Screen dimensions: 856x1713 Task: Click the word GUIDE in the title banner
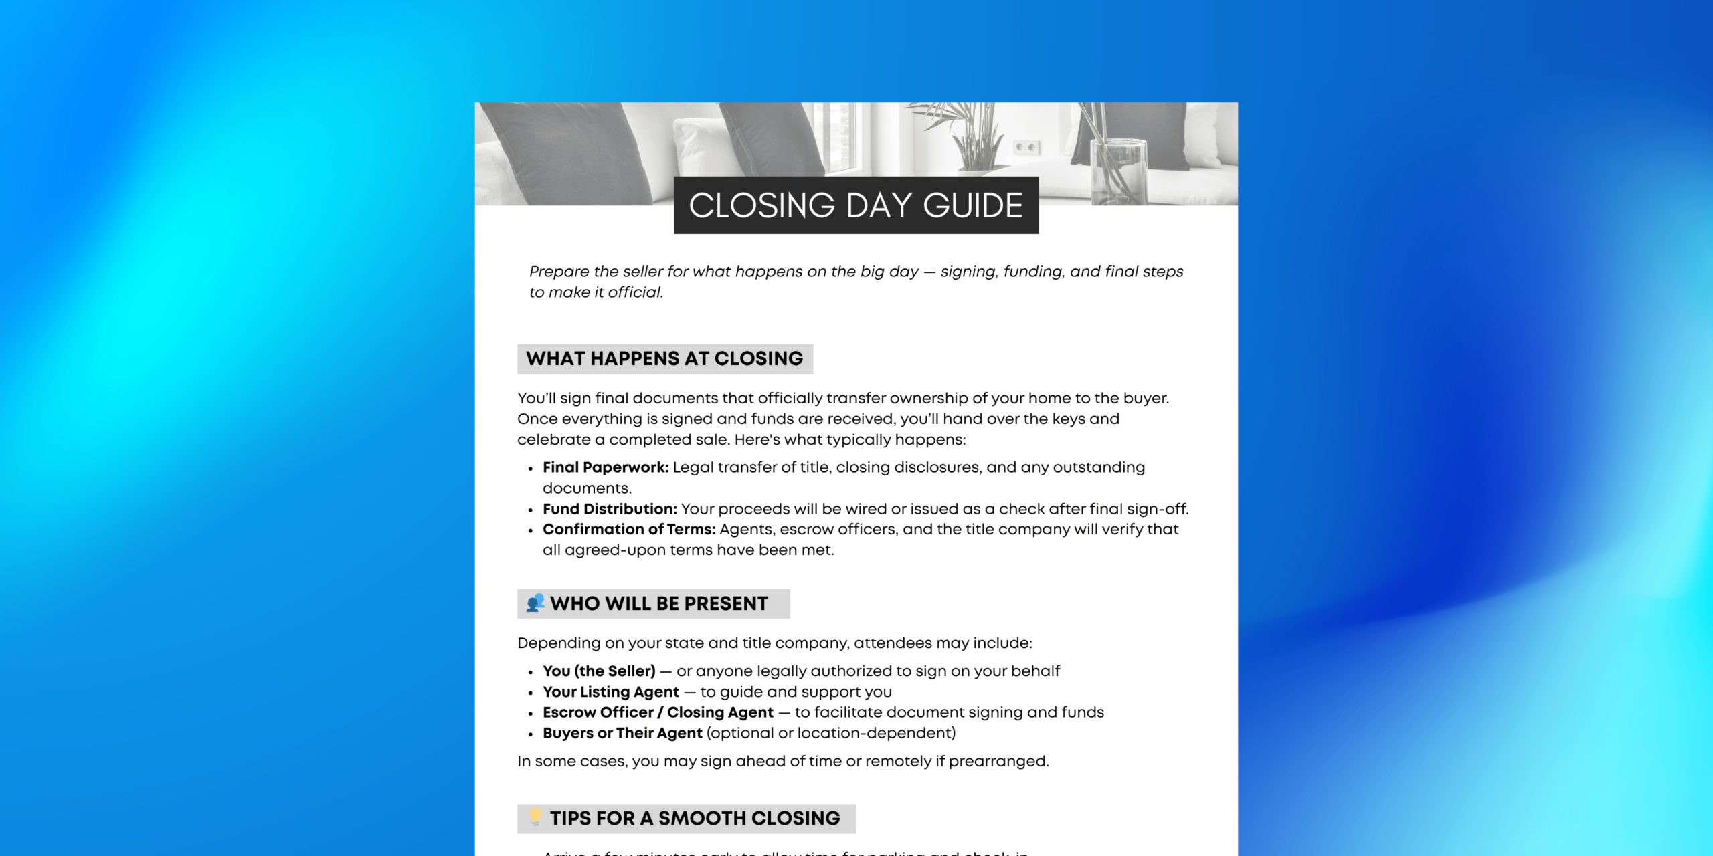point(973,205)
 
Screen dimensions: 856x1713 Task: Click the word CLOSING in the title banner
point(762,205)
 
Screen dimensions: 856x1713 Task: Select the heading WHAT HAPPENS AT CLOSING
point(664,359)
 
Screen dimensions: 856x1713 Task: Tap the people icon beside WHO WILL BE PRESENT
point(535,603)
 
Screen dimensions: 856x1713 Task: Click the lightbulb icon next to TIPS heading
point(535,817)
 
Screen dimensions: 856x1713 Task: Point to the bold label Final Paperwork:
point(606,467)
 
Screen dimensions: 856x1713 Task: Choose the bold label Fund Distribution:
point(610,509)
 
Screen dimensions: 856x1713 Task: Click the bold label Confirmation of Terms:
point(629,530)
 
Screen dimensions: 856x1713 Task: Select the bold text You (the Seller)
point(599,671)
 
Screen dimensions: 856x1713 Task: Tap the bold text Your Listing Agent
point(611,692)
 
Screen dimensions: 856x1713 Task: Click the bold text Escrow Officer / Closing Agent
point(658,713)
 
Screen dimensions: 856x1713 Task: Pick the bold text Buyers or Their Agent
point(622,734)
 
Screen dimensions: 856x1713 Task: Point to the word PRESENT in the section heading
point(726,604)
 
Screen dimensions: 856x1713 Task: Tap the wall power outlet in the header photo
point(1026,146)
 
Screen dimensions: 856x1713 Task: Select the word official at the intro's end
point(635,292)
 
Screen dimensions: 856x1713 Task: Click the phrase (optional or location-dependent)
point(831,734)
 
